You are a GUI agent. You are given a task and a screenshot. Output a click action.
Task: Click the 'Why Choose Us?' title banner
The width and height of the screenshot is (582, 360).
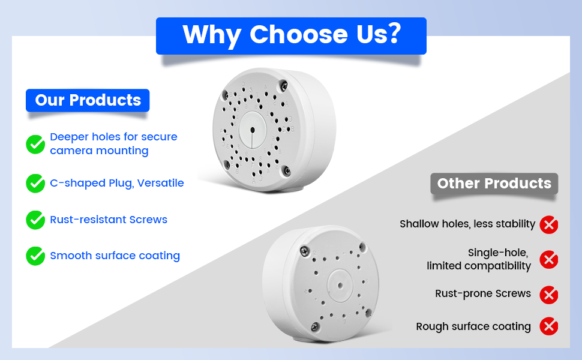(291, 35)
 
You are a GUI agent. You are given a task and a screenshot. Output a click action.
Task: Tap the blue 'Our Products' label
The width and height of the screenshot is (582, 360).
(88, 100)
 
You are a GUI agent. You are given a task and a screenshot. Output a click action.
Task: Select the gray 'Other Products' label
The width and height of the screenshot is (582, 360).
(494, 184)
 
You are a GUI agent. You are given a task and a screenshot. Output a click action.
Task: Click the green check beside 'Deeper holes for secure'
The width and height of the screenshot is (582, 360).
(35, 144)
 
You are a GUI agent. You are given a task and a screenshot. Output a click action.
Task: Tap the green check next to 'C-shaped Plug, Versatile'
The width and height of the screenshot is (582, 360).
(35, 184)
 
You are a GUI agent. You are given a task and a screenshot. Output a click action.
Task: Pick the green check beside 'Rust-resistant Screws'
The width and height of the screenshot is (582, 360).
(35, 220)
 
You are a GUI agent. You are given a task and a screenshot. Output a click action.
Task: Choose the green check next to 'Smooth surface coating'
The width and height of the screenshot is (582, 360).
(35, 256)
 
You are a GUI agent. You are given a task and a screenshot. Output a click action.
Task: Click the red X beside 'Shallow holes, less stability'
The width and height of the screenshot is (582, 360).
(549, 224)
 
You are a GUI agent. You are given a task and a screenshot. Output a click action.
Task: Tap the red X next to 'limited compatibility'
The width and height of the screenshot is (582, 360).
(549, 259)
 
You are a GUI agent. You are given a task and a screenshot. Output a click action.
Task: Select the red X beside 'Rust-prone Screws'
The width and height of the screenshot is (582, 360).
(549, 295)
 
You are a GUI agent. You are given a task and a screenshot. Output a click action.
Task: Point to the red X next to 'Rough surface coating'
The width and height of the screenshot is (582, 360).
(549, 326)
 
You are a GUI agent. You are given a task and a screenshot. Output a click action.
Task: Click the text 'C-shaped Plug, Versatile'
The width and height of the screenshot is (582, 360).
(117, 183)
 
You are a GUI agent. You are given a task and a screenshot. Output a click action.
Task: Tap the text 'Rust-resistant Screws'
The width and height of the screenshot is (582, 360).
(109, 220)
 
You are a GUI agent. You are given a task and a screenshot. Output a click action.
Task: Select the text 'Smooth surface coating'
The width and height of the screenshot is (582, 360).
(115, 256)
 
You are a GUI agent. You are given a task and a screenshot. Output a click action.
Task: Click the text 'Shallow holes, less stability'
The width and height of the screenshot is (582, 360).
(467, 224)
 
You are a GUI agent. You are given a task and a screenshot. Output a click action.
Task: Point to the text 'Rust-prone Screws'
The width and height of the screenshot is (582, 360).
(483, 293)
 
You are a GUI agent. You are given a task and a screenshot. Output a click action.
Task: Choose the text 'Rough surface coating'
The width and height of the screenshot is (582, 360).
(473, 326)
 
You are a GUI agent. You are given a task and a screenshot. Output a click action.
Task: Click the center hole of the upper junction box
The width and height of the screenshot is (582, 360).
(253, 130)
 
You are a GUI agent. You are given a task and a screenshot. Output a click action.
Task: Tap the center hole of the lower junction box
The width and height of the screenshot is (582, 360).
(340, 286)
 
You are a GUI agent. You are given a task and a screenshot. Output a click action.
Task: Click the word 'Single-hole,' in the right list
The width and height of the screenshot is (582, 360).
(498, 253)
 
